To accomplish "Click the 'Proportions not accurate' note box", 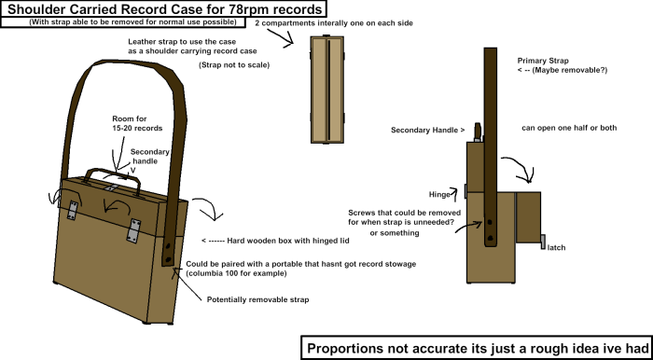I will coord(476,347).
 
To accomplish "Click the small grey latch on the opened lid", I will coord(542,241).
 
